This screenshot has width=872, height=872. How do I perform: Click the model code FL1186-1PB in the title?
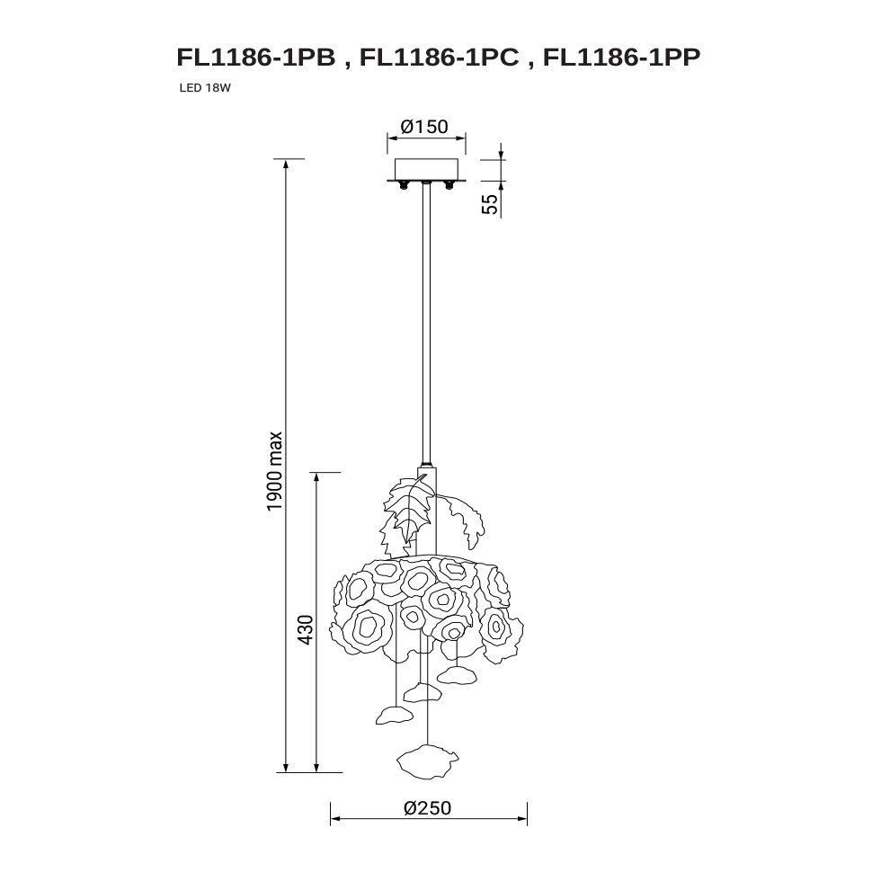click(x=256, y=58)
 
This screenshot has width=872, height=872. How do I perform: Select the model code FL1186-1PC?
click(x=440, y=58)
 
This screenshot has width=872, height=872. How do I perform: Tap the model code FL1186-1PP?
click(x=621, y=58)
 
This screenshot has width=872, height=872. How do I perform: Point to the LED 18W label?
click(x=205, y=88)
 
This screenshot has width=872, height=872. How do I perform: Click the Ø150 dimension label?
click(x=424, y=127)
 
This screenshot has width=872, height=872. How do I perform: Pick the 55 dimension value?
click(x=490, y=204)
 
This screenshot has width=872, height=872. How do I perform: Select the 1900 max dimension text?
click(x=275, y=472)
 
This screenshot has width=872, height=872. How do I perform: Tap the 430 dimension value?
click(x=306, y=629)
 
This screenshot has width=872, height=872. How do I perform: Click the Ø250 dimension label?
click(x=427, y=807)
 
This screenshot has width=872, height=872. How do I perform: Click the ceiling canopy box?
click(x=426, y=169)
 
